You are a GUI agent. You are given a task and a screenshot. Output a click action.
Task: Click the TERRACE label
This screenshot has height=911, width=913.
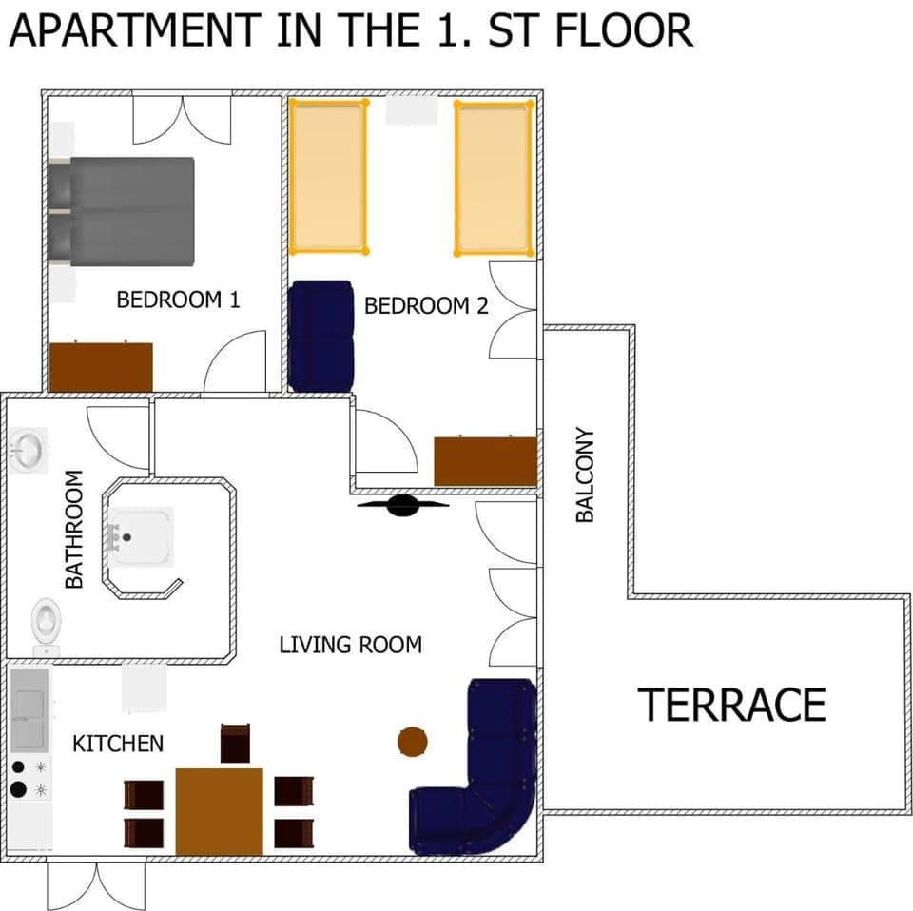point(731,705)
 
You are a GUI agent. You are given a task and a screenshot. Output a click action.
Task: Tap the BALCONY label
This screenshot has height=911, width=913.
point(585,475)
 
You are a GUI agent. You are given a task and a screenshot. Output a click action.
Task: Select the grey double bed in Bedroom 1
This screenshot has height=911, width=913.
point(124,211)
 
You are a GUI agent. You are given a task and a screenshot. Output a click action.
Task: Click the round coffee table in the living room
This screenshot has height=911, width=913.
point(412,741)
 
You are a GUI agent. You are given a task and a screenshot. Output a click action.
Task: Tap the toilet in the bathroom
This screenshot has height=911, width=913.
point(45,623)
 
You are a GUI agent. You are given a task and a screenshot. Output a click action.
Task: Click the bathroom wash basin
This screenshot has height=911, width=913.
point(29,449)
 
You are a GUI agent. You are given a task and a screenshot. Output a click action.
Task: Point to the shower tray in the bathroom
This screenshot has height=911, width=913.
point(141,536)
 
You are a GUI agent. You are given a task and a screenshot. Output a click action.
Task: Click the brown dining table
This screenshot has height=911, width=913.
point(219,810)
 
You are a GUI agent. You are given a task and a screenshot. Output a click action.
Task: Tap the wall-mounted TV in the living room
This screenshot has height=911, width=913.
point(403,505)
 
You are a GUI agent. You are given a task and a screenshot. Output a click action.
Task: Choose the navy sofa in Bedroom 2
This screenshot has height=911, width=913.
point(321,336)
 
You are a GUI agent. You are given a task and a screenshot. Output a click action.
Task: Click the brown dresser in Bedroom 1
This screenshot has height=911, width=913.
point(101,366)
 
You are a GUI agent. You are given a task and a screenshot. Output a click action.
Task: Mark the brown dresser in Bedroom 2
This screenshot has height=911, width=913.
point(485,461)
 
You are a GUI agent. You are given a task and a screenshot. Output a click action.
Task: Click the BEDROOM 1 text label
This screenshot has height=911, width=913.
point(178,300)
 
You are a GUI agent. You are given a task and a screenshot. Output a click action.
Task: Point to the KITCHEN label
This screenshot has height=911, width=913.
point(118,744)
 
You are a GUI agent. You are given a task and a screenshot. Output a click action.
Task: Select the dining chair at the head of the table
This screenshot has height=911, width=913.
point(235,743)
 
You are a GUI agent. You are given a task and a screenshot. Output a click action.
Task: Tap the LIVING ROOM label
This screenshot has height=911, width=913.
point(350,645)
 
